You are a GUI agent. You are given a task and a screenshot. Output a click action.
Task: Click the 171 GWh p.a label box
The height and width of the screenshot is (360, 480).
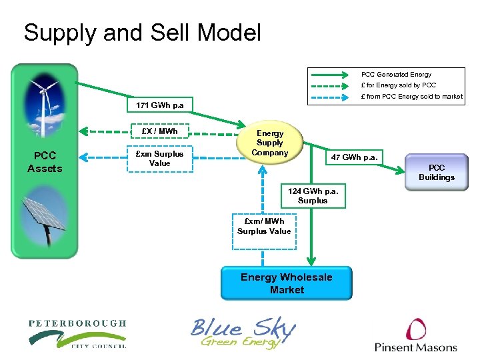click(x=160, y=105)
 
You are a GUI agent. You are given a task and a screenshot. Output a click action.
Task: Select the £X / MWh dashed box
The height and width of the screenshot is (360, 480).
click(x=159, y=131)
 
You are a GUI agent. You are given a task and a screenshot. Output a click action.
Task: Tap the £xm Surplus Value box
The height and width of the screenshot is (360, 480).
click(x=160, y=159)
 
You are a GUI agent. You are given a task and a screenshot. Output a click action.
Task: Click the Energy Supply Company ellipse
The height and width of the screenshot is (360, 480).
click(x=270, y=143)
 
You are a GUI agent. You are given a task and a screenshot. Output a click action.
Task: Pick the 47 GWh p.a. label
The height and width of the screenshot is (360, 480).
click(x=354, y=157)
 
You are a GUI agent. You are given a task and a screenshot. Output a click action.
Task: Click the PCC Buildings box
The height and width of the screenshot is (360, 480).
click(x=437, y=173)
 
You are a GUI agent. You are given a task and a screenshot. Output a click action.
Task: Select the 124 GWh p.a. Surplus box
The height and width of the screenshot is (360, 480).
click(x=313, y=196)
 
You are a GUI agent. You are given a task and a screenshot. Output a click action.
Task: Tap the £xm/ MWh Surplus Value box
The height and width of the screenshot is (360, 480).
click(x=264, y=231)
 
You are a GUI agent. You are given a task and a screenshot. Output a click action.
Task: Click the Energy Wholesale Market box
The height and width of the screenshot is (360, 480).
click(x=287, y=283)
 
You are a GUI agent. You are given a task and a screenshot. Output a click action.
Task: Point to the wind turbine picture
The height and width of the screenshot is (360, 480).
click(x=45, y=105)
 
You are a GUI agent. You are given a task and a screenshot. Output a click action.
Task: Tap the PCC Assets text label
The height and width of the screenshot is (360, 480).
click(x=45, y=162)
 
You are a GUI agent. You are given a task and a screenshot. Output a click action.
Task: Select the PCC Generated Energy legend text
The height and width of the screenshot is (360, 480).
click(x=396, y=75)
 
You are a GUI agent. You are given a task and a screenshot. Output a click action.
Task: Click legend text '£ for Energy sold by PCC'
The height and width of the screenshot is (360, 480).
click(x=398, y=85)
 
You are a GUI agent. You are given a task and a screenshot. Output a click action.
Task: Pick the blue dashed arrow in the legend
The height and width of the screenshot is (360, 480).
click(x=330, y=97)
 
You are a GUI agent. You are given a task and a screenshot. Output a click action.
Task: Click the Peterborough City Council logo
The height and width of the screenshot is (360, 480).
click(x=77, y=334)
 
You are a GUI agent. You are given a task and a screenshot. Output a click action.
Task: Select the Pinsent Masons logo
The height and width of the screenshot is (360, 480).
click(x=416, y=335)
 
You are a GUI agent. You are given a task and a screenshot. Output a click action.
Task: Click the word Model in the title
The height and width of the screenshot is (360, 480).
click(x=229, y=32)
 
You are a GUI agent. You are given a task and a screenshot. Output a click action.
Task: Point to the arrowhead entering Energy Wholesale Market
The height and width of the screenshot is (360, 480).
click(x=311, y=261)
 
